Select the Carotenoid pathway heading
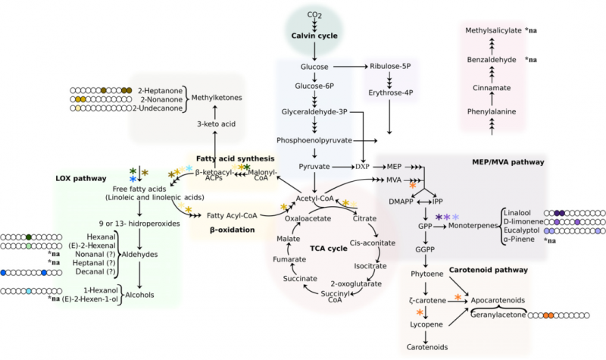coord(486,270)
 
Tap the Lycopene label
coord(426,324)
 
